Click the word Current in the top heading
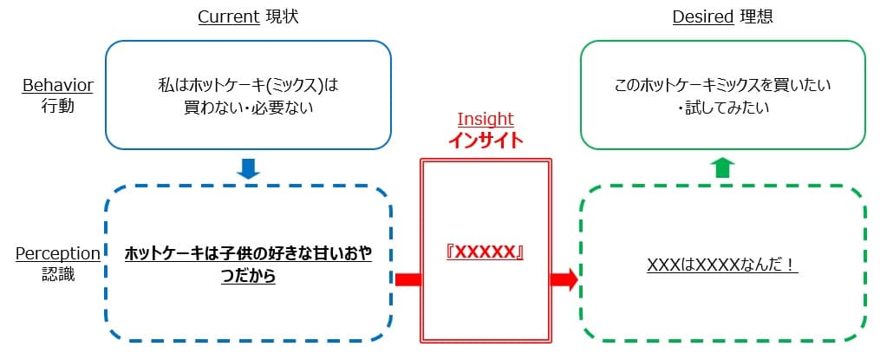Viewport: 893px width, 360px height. [x=229, y=17]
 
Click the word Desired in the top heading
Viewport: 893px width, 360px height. [x=703, y=17]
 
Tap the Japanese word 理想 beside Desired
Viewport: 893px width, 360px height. [x=755, y=17]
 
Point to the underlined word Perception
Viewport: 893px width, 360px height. [x=58, y=253]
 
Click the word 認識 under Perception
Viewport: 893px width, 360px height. [x=57, y=273]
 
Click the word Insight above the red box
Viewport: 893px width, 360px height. [x=486, y=119]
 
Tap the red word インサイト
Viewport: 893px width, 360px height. [x=486, y=140]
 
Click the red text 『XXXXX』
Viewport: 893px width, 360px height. [x=486, y=252]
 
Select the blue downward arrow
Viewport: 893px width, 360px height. [x=249, y=167]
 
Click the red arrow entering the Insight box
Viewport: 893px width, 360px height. [x=407, y=279]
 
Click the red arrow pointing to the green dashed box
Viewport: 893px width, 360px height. [x=564, y=279]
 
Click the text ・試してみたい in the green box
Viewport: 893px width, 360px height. [x=722, y=108]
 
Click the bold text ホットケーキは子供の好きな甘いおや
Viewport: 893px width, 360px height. [x=249, y=253]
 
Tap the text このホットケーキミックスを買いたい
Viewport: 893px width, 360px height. [x=722, y=86]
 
